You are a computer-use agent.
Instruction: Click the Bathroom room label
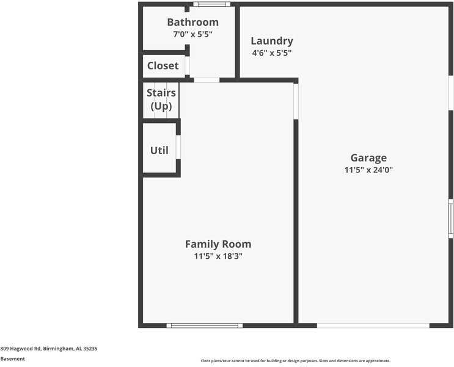click(x=192, y=22)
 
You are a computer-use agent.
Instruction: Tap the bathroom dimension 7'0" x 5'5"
click(x=192, y=34)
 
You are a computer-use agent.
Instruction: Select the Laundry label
click(x=272, y=41)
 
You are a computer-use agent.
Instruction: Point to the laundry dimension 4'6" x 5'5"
click(x=272, y=53)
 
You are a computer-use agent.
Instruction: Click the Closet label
click(x=163, y=65)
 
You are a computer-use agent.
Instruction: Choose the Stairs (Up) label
click(x=161, y=99)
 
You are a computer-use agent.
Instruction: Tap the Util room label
click(x=159, y=150)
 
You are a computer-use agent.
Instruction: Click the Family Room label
click(x=218, y=244)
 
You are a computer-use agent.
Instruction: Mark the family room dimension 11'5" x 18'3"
click(x=218, y=256)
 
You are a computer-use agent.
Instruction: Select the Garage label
click(x=368, y=158)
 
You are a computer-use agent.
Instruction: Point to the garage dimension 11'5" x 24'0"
click(x=368, y=170)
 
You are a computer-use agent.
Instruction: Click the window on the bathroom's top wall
click(x=211, y=4)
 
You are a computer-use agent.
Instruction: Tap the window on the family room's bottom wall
click(x=205, y=325)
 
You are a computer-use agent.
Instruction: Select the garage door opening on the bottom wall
click(x=373, y=325)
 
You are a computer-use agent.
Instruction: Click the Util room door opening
click(x=178, y=147)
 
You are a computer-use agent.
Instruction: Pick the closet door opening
click(x=187, y=65)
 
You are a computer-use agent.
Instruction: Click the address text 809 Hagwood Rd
click(x=49, y=349)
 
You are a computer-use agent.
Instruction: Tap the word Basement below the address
click(x=13, y=359)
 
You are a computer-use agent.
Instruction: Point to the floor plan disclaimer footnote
click(x=295, y=361)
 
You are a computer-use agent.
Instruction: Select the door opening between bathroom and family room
click(x=207, y=80)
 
